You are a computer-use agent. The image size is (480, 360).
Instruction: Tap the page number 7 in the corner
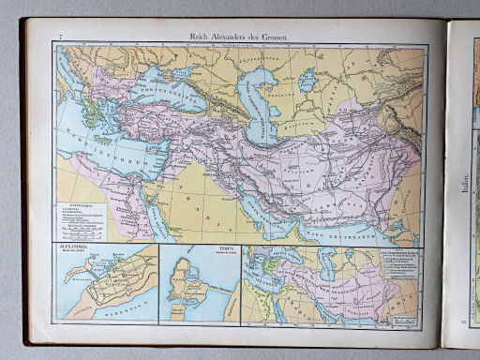tap(61, 36)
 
